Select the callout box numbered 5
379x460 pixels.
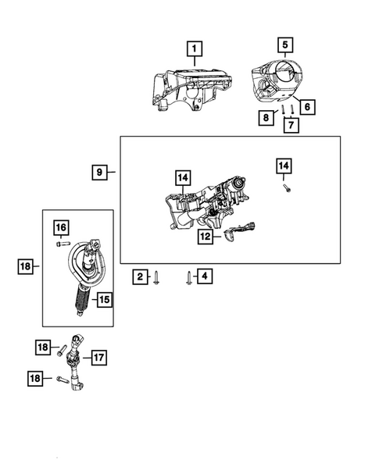[x=285, y=45]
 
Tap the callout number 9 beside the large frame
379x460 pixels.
[x=99, y=171]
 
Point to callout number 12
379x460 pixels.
[x=205, y=235]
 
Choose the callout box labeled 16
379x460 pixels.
[x=60, y=227]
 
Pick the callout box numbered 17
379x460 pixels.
[x=98, y=357]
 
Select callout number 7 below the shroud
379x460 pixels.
[x=291, y=124]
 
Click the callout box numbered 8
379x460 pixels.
[x=267, y=118]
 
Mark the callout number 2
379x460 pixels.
[x=140, y=276]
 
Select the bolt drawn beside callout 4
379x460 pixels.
[x=188, y=277]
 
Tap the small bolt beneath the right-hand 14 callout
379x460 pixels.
[x=286, y=187]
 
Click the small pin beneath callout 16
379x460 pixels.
[x=60, y=243]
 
